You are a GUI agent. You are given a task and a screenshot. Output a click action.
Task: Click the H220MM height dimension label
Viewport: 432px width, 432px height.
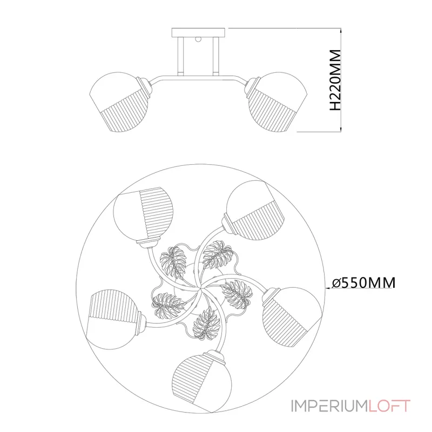click(x=335, y=80)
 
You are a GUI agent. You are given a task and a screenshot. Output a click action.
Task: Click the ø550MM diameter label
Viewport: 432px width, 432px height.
click(x=363, y=282)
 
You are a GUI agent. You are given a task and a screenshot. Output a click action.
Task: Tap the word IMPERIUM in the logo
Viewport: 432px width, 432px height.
click(x=329, y=406)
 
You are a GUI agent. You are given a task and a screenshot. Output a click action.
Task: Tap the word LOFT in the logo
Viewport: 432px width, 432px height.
click(x=389, y=406)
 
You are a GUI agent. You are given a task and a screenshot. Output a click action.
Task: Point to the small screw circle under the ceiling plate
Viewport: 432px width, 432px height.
click(x=197, y=39)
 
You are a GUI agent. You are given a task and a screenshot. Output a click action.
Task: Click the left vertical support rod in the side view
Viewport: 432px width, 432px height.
click(x=181, y=56)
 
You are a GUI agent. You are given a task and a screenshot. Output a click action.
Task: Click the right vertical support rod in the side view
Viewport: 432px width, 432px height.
click(x=216, y=56)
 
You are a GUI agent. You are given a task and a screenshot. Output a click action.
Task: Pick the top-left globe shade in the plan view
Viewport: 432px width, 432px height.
click(x=144, y=215)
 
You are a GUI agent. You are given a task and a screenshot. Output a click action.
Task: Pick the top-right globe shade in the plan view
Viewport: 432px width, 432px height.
click(x=254, y=210)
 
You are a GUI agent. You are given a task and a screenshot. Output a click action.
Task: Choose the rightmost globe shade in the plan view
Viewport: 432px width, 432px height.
click(x=292, y=317)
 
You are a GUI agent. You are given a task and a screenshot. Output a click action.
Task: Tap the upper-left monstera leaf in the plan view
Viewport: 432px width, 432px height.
click(x=173, y=262)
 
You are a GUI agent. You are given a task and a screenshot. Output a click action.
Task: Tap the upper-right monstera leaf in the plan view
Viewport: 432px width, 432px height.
click(x=218, y=255)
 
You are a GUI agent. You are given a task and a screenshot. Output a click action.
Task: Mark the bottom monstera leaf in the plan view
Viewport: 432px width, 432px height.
click(x=207, y=323)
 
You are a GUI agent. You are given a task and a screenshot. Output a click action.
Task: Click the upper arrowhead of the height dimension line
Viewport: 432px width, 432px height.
click(x=341, y=31)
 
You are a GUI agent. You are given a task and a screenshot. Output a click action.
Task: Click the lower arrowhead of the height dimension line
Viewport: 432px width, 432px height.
click(x=341, y=129)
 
